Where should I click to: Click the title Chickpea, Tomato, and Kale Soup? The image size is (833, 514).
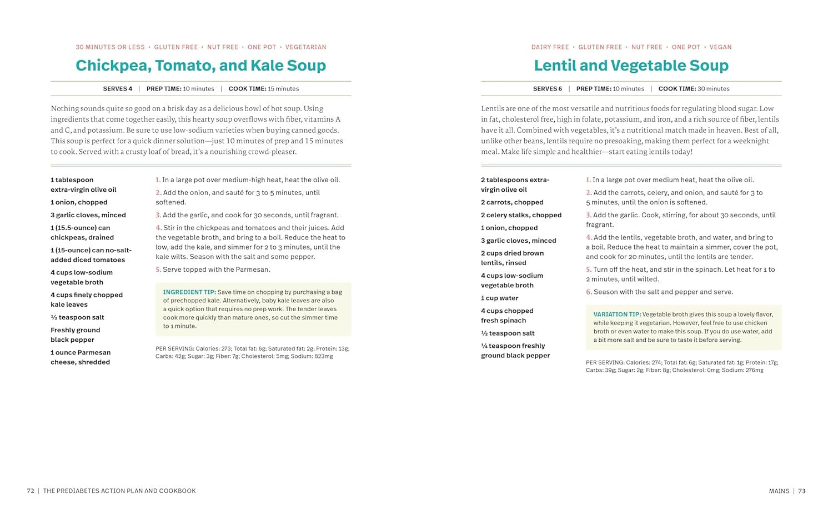click(x=200, y=66)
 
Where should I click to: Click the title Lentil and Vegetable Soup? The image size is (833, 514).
click(x=631, y=66)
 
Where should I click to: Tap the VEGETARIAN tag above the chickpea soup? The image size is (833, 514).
click(x=305, y=47)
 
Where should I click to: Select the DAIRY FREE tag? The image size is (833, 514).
click(x=550, y=47)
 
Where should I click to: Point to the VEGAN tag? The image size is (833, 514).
click(x=720, y=47)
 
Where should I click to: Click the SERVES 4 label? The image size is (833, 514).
click(x=118, y=89)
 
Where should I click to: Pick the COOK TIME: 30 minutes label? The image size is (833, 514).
click(x=694, y=89)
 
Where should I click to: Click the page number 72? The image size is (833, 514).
click(x=31, y=491)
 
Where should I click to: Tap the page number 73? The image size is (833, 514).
click(x=801, y=491)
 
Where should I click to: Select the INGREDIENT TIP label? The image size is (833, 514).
click(x=189, y=292)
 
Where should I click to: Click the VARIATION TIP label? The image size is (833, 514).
click(x=617, y=315)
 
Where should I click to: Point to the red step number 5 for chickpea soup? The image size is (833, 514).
click(x=158, y=270)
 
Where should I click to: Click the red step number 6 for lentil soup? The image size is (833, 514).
click(x=589, y=292)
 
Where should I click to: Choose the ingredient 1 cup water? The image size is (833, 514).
click(x=499, y=298)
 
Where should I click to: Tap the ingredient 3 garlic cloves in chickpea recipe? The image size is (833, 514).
click(x=88, y=215)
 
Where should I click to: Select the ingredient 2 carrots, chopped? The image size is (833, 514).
click(x=512, y=203)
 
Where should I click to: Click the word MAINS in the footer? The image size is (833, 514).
click(x=779, y=491)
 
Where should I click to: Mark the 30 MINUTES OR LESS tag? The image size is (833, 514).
click(x=110, y=47)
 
